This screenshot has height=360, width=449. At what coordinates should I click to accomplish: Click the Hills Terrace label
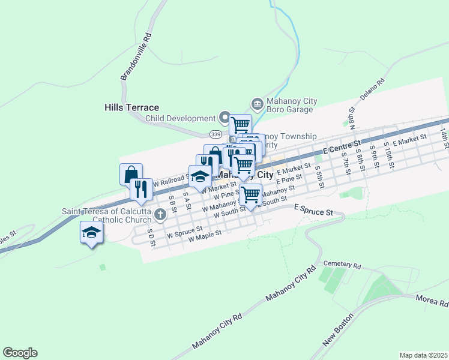131,107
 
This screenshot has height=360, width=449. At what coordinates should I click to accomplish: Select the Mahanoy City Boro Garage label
291,106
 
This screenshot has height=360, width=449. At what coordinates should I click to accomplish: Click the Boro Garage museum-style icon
257,105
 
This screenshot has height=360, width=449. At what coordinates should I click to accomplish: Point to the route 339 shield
215,133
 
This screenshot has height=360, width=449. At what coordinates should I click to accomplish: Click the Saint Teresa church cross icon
160,214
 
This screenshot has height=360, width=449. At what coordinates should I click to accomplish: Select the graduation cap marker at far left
91,233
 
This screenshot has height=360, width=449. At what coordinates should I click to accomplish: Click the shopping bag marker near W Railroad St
131,175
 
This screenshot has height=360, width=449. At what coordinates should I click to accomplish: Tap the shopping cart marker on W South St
250,194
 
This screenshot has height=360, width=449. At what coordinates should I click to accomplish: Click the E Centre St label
341,147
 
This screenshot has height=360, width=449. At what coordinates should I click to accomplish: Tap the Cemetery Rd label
342,265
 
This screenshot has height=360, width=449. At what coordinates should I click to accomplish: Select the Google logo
20,352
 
